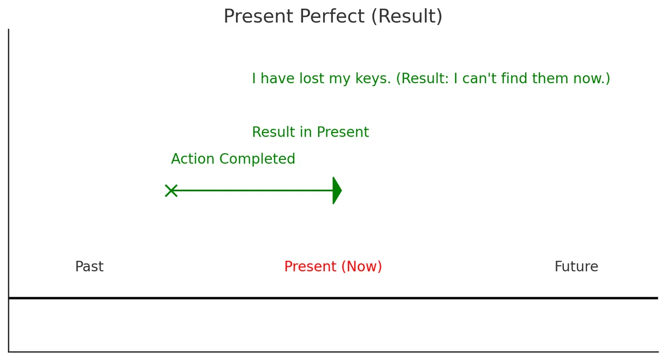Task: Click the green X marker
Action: tap(171, 191)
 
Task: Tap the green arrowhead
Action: tap(337, 191)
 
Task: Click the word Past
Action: tap(89, 266)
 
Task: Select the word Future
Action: tap(576, 266)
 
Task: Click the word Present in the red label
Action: tap(310, 266)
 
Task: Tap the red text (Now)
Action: tap(361, 266)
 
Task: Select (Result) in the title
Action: tap(407, 16)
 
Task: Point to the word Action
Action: tap(193, 159)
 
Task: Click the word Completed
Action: tap(257, 159)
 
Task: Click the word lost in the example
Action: tap(311, 78)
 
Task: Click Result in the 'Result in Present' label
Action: tap(274, 132)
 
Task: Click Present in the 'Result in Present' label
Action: tap(343, 132)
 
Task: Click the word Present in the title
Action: tap(259, 16)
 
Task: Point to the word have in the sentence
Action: tap(277, 78)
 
